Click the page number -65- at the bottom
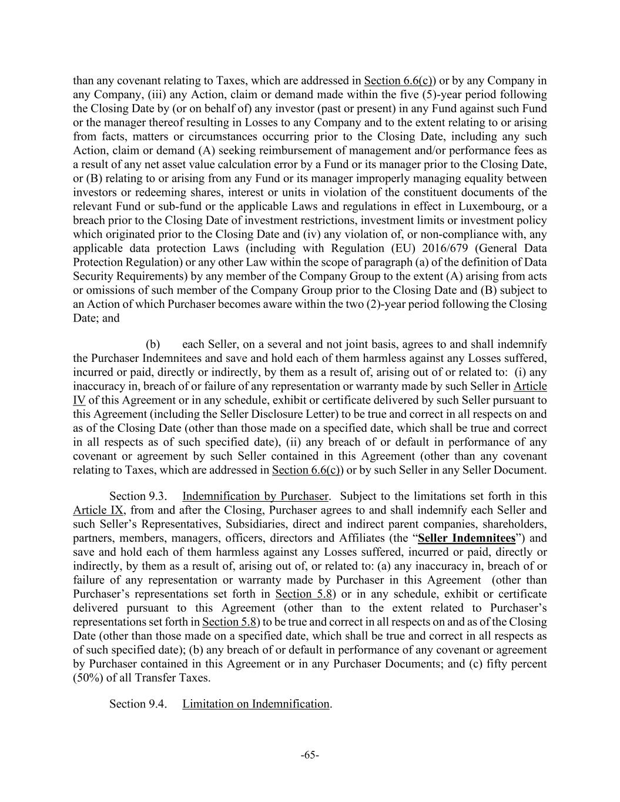click(310, 755)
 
